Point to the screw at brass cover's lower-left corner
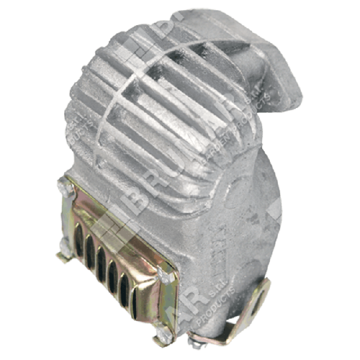(x=62, y=257)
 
